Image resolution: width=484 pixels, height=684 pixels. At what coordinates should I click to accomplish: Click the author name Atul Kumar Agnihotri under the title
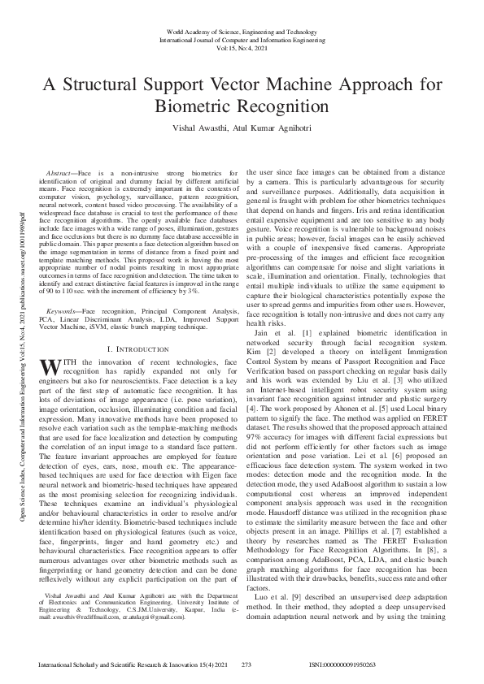tap(272, 128)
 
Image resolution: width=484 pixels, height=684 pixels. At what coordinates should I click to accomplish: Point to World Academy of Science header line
tap(242, 27)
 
